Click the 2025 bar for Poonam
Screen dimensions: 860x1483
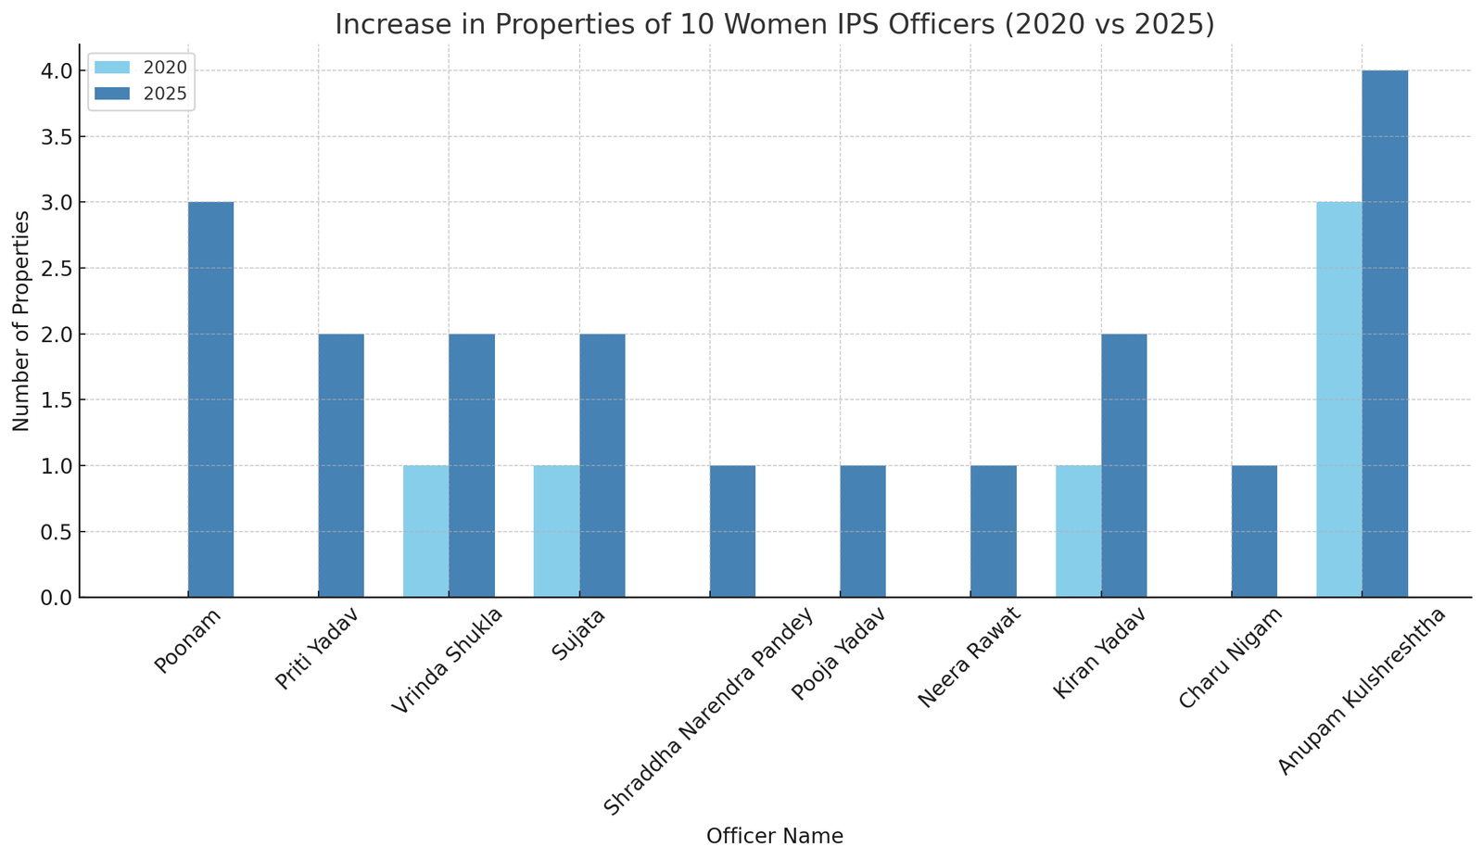coord(210,399)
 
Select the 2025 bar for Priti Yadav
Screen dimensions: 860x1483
coord(341,465)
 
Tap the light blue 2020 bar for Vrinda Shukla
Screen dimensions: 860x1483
coord(426,531)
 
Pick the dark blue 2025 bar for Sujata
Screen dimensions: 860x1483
coord(602,465)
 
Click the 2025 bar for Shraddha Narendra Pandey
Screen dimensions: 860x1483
coord(732,531)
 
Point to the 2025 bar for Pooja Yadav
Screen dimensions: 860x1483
coord(863,531)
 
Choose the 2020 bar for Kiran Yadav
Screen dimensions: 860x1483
coord(1079,531)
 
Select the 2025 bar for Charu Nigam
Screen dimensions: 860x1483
coord(1254,531)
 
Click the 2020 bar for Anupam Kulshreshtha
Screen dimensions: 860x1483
coord(1339,399)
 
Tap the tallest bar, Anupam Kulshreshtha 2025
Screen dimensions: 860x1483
coord(1385,334)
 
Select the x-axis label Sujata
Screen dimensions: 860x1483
coord(578,634)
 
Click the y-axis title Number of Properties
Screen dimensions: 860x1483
coord(21,321)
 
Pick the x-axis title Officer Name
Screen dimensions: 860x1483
coord(775,837)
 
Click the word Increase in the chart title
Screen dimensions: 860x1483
coord(381,24)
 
